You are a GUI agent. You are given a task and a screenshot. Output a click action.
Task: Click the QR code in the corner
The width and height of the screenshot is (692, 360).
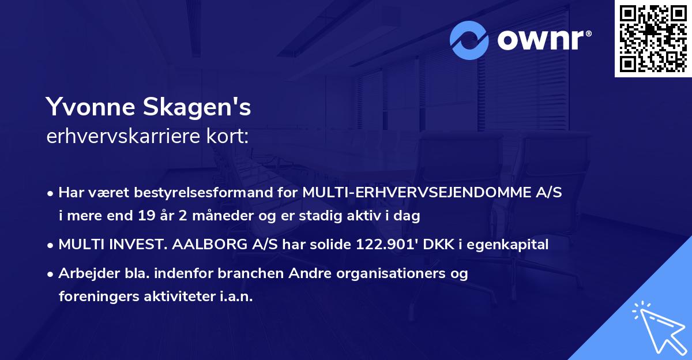[653, 39]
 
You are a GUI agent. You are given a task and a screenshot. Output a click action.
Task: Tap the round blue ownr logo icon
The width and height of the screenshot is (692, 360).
[469, 40]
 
